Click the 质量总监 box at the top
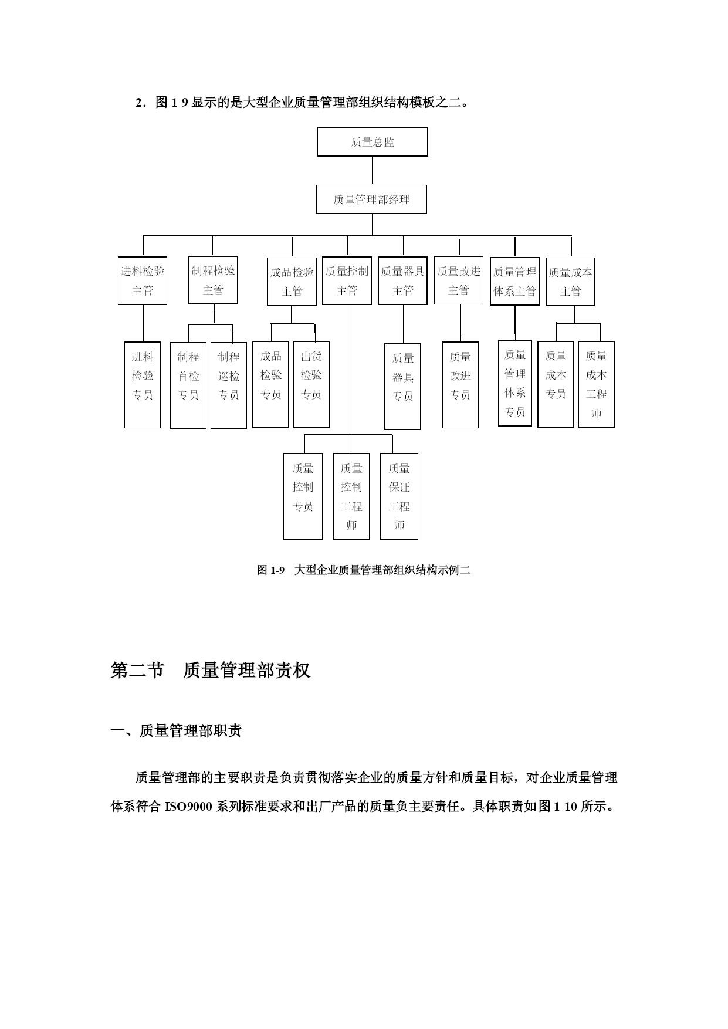point(373,141)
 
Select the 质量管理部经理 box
point(371,199)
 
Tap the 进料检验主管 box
point(143,280)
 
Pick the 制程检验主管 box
point(213,280)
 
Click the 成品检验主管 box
point(292,282)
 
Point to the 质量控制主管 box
point(347,281)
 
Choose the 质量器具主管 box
point(403,281)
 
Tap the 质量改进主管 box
point(459,280)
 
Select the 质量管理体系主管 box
point(514,281)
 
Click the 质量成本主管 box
point(570,282)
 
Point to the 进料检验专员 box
point(143,385)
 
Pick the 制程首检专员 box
point(188,385)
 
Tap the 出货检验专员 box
point(311,385)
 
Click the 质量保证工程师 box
point(399,496)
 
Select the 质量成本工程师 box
point(596,384)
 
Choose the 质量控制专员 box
point(303,496)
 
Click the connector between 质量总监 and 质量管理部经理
point(373,171)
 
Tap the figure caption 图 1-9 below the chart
point(363,570)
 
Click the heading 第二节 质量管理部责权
point(211,670)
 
